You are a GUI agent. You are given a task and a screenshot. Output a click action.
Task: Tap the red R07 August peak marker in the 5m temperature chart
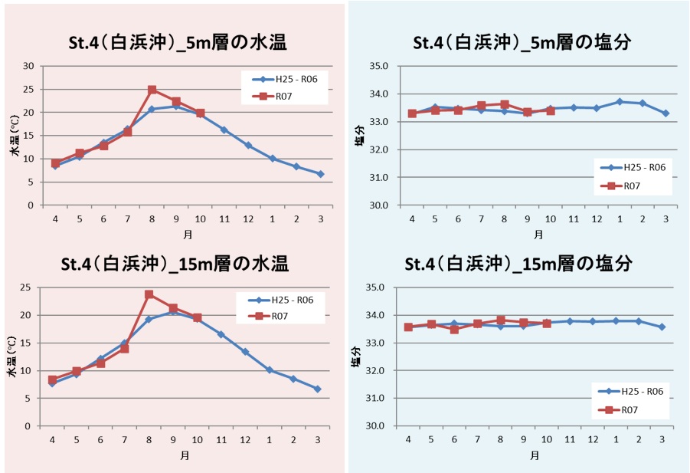coord(152,90)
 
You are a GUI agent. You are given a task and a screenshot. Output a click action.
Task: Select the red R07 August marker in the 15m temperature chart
coord(149,294)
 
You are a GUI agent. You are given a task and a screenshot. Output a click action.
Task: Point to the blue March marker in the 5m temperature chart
coord(320,174)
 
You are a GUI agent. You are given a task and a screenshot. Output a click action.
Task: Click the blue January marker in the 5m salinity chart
coord(620,102)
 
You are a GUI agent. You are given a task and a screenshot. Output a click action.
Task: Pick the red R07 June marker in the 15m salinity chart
coord(454,330)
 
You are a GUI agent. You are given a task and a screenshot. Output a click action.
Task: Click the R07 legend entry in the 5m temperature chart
coord(283,96)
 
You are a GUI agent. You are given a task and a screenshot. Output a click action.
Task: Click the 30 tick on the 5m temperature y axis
coord(28,66)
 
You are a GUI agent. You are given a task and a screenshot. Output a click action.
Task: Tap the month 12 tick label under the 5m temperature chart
coord(247,219)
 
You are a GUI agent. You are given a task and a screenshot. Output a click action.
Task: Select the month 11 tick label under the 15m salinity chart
coord(569,439)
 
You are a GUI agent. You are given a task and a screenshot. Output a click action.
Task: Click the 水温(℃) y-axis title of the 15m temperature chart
coord(12,356)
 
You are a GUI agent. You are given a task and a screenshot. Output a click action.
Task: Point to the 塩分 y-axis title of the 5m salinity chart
coord(357,135)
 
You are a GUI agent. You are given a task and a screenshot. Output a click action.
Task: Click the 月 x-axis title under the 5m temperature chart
coord(188,233)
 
